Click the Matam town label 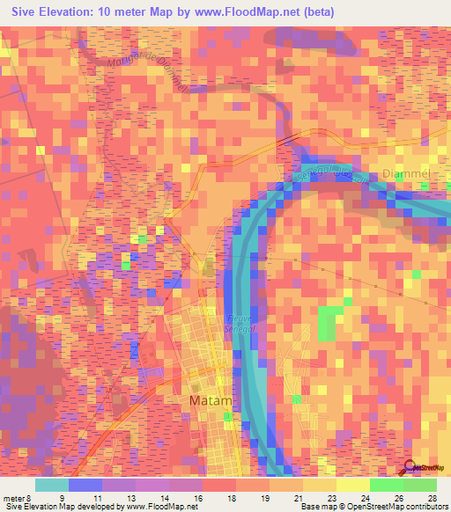pos(211,401)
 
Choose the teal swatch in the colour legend pos(52,485)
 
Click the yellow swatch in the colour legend pos(352,485)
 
